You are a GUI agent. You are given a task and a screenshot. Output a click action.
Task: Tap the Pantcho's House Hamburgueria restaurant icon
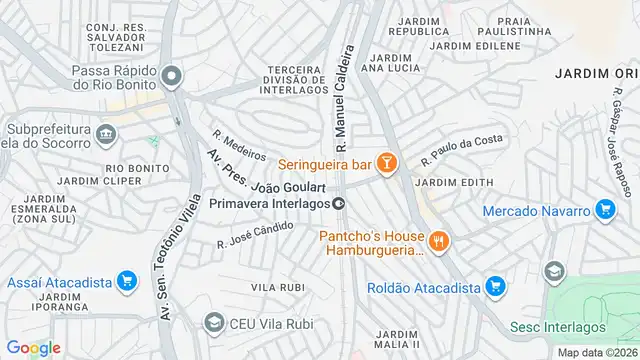click(437, 241)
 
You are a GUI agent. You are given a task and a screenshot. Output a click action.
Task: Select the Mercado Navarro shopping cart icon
click(604, 210)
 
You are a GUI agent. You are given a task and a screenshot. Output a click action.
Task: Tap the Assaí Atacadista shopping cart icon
click(125, 282)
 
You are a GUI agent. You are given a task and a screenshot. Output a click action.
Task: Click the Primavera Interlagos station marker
click(340, 203)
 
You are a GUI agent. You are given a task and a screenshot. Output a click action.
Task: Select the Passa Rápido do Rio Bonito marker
click(174, 77)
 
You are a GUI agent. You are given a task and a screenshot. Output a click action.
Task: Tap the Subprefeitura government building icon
click(106, 132)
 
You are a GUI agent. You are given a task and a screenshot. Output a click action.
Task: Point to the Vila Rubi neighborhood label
click(278, 287)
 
